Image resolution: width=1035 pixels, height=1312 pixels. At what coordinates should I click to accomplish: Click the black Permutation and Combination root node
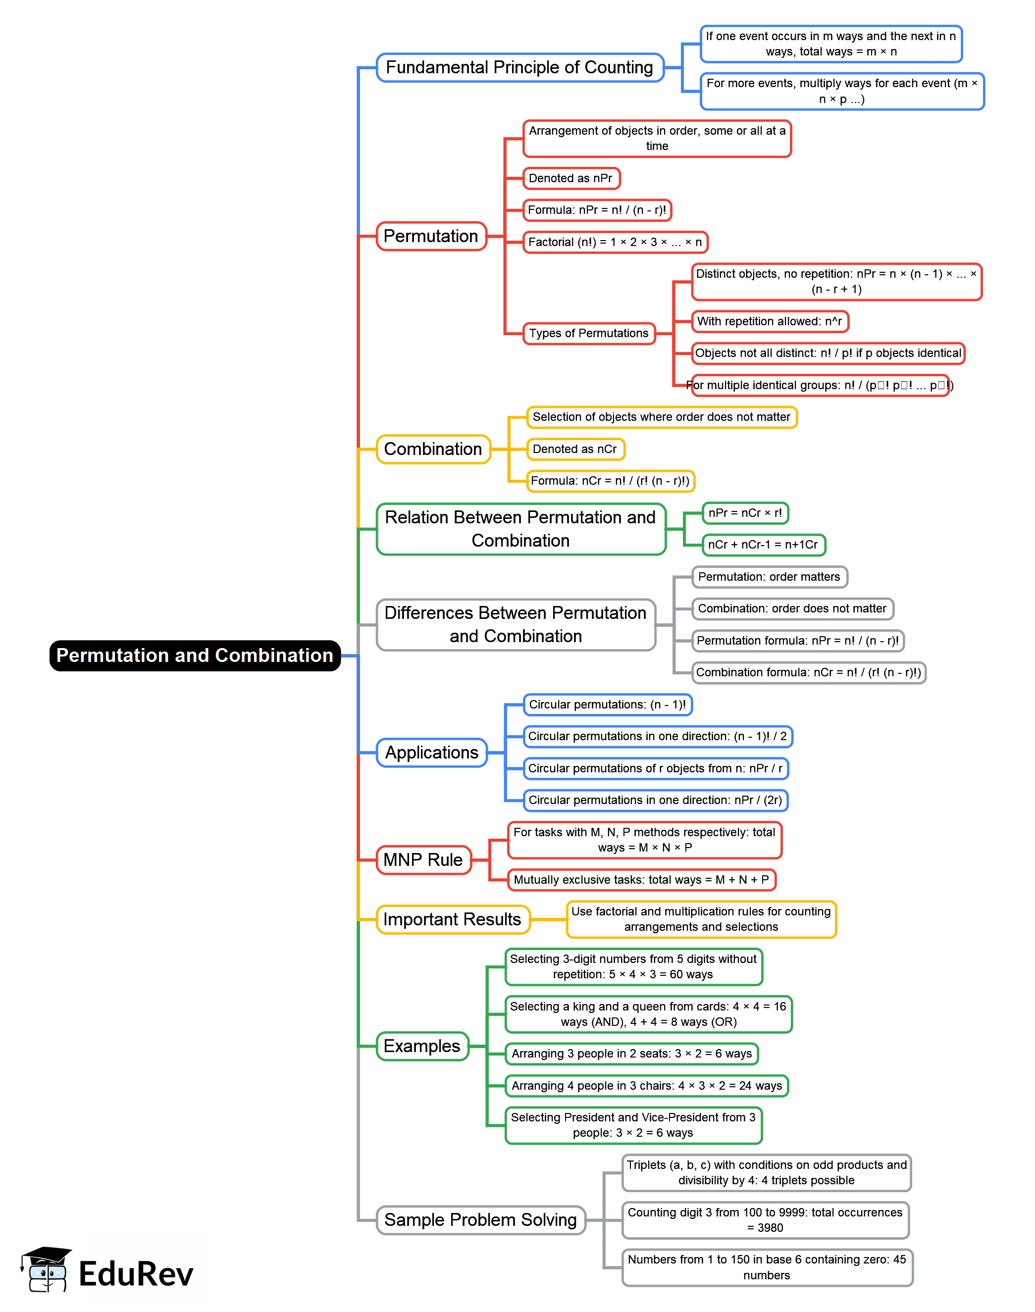[195, 656]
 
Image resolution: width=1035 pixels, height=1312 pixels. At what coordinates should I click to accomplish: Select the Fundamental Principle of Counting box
[519, 67]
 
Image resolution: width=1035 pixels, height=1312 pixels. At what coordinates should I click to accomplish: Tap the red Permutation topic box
[431, 236]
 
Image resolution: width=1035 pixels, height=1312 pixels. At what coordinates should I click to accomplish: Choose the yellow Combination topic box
[433, 449]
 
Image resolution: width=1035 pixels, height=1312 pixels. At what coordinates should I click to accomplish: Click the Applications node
[431, 753]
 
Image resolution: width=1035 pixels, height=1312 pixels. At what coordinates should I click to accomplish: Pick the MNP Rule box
[423, 859]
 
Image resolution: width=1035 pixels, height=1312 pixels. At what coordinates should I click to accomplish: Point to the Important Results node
[452, 919]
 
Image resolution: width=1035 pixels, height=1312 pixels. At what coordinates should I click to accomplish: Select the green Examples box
[422, 1046]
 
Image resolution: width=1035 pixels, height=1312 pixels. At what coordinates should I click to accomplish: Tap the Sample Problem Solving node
[480, 1219]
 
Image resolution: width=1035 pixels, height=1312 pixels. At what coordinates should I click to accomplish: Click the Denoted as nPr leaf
[571, 178]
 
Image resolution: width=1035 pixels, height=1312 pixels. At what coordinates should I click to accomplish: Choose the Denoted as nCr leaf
[574, 449]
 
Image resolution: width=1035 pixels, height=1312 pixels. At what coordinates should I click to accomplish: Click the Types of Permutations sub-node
[588, 333]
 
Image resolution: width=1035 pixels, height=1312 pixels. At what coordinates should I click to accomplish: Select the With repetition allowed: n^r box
[769, 321]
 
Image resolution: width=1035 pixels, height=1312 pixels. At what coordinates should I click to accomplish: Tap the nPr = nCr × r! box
[745, 513]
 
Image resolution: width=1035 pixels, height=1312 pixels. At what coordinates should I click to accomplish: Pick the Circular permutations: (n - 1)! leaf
[607, 705]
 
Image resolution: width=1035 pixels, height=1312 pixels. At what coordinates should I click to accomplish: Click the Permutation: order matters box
[769, 577]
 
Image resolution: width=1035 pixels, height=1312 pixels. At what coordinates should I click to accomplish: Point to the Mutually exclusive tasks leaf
[641, 879]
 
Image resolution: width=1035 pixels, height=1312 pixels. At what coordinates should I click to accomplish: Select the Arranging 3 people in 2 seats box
[631, 1054]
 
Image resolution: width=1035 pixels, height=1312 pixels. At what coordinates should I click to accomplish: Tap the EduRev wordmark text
[136, 1273]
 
